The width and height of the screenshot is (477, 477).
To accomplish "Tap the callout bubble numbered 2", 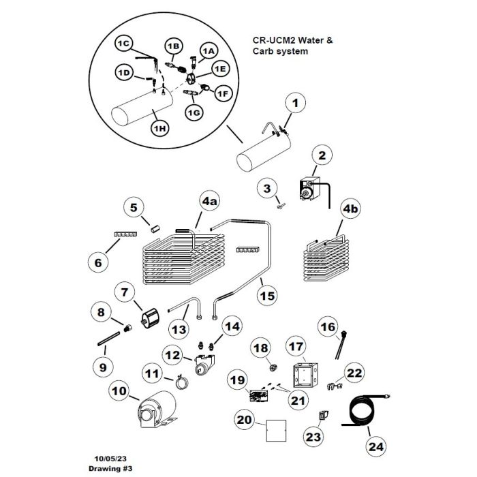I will click(322, 156).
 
